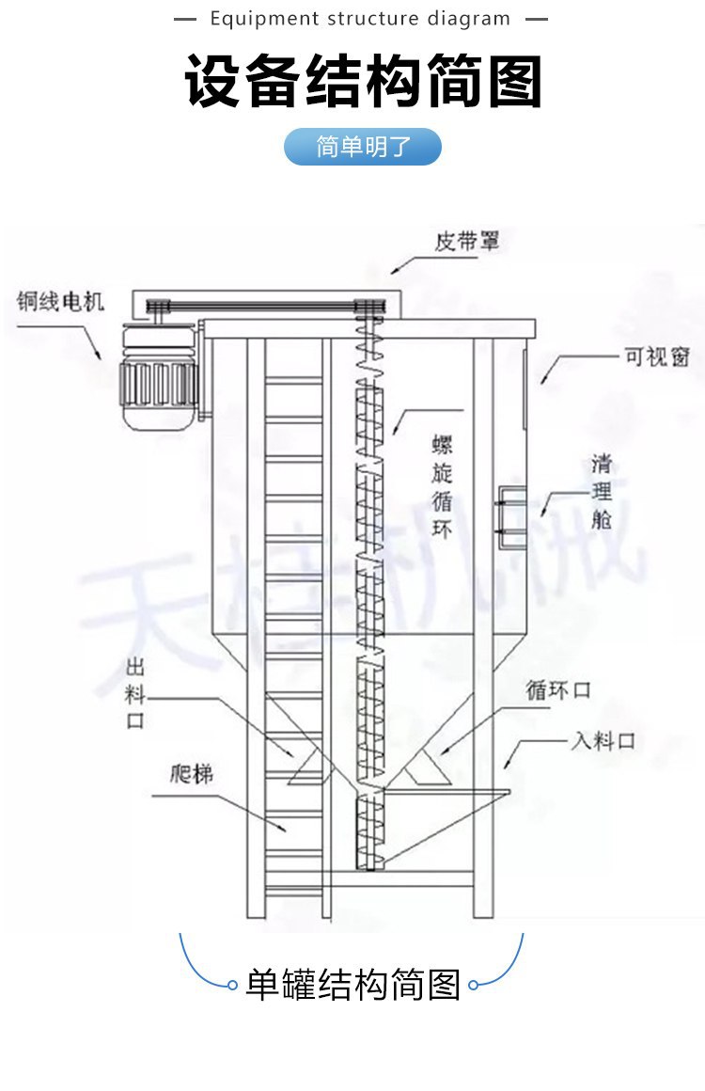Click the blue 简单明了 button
[x=363, y=147]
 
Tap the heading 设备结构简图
[x=363, y=82]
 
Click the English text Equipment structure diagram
[x=361, y=19]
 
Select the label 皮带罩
[x=466, y=242]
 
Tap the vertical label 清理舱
[x=602, y=492]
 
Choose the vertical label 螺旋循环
[x=442, y=486]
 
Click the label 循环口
[x=558, y=690]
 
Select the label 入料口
[x=603, y=740]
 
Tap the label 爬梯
[x=192, y=774]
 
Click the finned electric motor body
[x=158, y=382]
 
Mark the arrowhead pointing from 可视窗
[x=542, y=382]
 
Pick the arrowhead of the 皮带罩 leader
[x=394, y=270]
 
